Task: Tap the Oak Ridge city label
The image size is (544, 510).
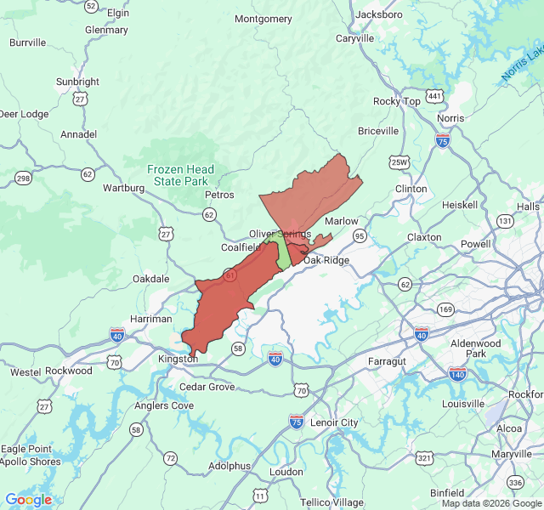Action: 326,260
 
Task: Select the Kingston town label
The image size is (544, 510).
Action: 178,359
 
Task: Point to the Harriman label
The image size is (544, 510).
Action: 151,319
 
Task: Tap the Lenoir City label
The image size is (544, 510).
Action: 336,422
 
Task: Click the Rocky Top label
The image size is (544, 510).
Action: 397,101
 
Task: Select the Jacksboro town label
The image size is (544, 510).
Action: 379,14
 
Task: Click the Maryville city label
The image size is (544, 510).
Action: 511,454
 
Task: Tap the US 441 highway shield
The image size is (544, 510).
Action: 435,97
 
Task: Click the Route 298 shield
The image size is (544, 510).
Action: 23,178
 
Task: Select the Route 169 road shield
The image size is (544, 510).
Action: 445,309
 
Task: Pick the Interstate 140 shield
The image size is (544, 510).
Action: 457,373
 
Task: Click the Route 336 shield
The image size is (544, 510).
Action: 515,483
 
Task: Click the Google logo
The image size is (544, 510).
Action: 28,500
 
